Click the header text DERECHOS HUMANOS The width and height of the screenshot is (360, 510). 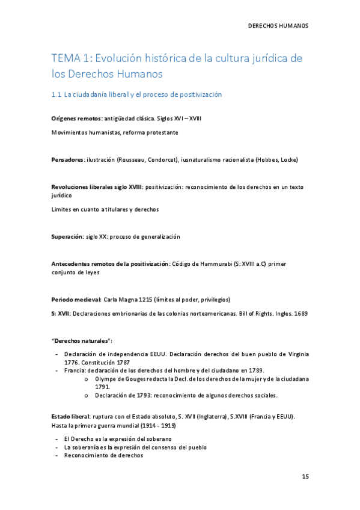pos(278,26)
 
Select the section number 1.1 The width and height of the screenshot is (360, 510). pos(56,95)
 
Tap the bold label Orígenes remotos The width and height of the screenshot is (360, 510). pos(76,119)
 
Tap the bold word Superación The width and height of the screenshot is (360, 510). pos(67,237)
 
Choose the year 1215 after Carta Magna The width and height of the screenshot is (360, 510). pos(143,300)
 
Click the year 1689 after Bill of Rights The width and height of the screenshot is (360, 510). pos(301,313)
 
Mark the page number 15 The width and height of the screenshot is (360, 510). pos(305,476)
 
